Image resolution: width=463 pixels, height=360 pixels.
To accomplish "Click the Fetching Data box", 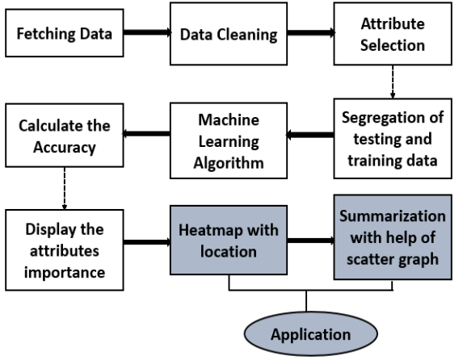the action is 65,33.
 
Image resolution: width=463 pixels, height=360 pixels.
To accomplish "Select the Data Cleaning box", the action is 229,34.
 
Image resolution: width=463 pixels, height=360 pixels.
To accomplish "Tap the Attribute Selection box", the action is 393,34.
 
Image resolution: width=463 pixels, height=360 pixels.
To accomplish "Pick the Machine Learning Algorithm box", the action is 229,140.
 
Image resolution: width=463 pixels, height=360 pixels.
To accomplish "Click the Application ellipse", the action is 311,333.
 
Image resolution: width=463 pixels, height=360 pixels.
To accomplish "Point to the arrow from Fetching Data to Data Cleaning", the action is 147,32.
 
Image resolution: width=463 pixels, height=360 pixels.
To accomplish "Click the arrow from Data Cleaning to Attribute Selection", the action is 311,32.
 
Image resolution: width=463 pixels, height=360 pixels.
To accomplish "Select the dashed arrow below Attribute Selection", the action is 393,82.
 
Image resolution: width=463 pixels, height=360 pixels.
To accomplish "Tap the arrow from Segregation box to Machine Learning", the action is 310,135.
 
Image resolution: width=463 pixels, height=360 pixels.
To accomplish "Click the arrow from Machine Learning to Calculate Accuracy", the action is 146,134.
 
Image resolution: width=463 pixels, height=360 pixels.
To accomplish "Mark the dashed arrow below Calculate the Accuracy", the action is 65,188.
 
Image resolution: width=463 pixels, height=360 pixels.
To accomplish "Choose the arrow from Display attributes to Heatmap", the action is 147,242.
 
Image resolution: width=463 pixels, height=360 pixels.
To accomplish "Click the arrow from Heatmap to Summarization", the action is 311,241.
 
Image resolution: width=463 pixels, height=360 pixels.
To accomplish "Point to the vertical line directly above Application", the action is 306,301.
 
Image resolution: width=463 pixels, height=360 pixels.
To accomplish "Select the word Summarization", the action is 393,216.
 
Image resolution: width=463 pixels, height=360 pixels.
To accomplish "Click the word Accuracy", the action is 65,148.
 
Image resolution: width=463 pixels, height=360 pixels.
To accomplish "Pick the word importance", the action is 65,273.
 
